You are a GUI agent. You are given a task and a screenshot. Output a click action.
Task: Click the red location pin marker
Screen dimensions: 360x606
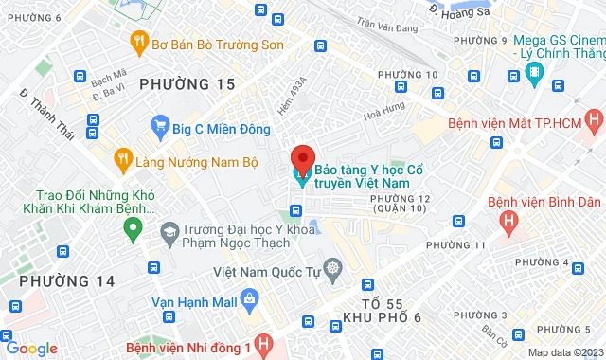[x=302, y=158]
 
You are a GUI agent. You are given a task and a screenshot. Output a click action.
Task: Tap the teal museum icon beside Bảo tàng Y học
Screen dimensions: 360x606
[x=302, y=176]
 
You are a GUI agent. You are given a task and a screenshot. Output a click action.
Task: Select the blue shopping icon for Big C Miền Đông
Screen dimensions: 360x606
[x=160, y=124]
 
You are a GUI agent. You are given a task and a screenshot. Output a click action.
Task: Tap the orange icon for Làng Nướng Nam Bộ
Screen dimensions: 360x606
[x=122, y=158]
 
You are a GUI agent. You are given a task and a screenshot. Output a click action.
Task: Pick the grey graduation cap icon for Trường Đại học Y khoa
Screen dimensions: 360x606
[x=169, y=231]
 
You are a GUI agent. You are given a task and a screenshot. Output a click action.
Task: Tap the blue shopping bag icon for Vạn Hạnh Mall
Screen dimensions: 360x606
[x=249, y=302]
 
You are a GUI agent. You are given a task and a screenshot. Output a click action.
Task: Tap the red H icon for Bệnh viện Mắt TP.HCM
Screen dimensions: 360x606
[x=594, y=121]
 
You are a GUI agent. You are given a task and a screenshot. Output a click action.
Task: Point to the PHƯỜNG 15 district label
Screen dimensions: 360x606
[x=187, y=85]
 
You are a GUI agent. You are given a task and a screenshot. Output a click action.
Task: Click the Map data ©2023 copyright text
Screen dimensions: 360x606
[x=564, y=353]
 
